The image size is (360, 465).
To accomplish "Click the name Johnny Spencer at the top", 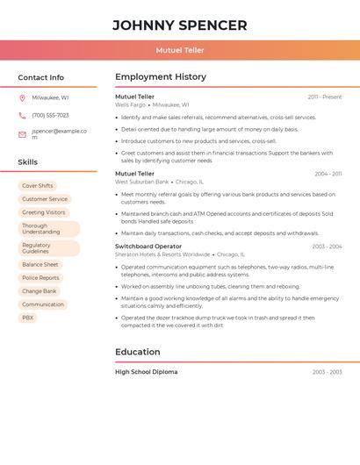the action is coord(180,25).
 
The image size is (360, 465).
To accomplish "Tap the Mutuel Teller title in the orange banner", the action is coord(180,50).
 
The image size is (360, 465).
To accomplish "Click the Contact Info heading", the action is coord(40,77).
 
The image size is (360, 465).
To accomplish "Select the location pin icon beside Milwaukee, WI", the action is coord(22,97).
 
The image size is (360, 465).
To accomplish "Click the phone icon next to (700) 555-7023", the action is coord(22,115).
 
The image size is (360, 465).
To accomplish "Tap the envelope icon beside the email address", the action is coord(22,134).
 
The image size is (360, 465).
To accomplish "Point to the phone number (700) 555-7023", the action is coord(50,115).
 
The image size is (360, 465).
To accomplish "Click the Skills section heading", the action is coord(27,162).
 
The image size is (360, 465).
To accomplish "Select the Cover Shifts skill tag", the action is coord(38,186).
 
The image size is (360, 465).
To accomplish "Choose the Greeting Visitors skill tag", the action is coord(44,212).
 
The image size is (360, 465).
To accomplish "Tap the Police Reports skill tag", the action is coord(40,278).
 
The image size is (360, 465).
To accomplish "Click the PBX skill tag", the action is coord(28,318).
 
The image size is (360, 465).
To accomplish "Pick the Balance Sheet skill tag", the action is coord(40,265).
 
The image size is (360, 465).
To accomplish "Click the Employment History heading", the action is coord(161,77).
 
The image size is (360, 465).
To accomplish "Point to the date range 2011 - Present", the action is coord(325,97).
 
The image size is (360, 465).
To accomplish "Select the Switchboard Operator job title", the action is coord(148,247).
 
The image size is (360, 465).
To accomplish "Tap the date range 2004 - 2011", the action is coord(328,174).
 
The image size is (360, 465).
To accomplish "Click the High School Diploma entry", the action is coord(146,372).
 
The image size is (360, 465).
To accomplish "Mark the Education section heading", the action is coord(138,352).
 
